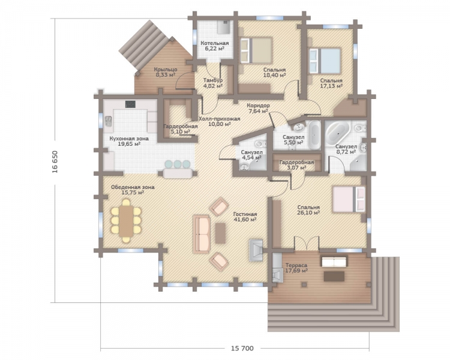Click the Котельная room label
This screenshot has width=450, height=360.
pos(215,43)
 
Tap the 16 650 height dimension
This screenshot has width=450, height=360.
pos(55,161)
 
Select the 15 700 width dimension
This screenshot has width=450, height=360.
pos(242,348)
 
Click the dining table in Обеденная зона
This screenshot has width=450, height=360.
pos(126,221)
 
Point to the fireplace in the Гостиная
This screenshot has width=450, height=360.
pos(256,250)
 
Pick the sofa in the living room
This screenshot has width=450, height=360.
pos(202,234)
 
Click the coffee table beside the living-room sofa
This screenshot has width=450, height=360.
pos(220,233)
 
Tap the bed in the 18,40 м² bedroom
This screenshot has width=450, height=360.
pos(256,50)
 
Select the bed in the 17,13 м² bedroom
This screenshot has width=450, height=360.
pos(325,60)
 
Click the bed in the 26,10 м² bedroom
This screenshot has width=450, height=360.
pos(349,199)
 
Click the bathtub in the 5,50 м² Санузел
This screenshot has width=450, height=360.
pos(314,135)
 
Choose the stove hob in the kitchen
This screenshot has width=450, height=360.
pos(130,104)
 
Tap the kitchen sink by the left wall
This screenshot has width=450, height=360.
pos(108,121)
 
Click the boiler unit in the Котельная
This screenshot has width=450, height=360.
pos(223,27)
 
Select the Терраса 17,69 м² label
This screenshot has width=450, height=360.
pos(296,268)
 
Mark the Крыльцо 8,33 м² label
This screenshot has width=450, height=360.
pos(166,72)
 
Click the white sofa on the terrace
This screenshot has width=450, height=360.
pos(334,262)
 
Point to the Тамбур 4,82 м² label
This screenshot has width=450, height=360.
pos(212,83)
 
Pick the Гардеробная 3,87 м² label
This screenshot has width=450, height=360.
pos(296,165)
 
